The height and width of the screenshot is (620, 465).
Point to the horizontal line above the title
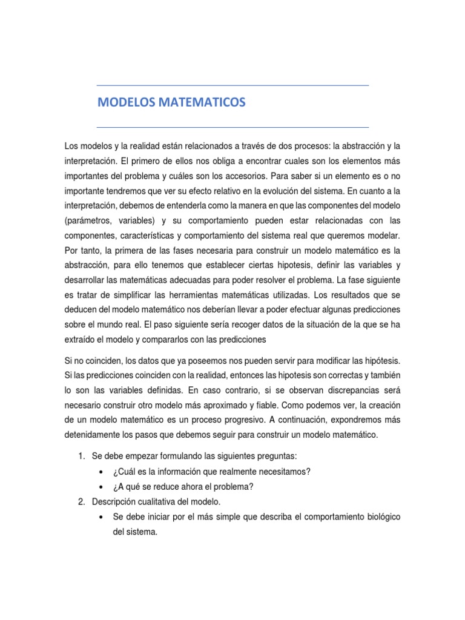click(232, 85)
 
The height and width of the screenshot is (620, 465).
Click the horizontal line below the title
click(232, 127)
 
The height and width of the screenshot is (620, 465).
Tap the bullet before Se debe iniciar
click(100, 516)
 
